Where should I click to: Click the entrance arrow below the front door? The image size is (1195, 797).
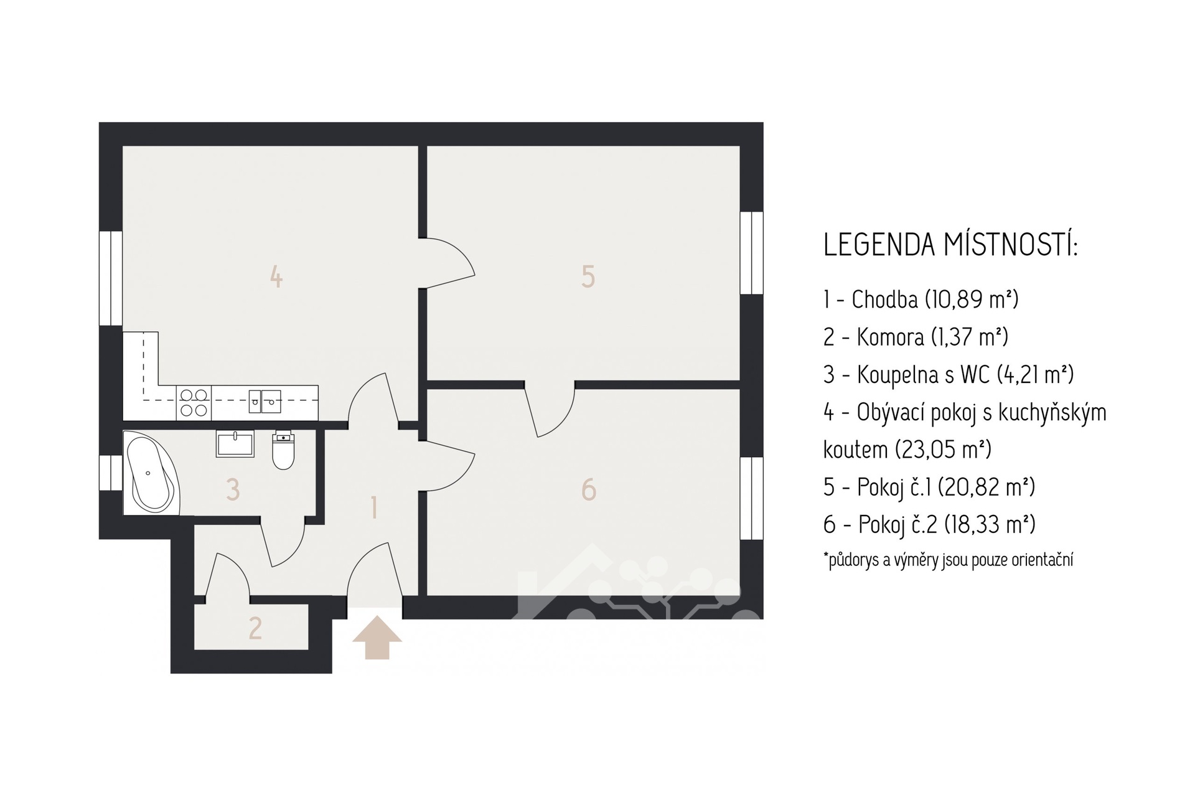pyautogui.click(x=377, y=638)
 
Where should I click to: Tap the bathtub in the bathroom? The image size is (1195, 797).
pyautogui.click(x=151, y=473)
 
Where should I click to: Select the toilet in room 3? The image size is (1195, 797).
pyautogui.click(x=283, y=450)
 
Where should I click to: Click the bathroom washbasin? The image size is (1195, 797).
pyautogui.click(x=235, y=443)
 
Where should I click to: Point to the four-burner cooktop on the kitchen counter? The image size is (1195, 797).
pyautogui.click(x=194, y=402)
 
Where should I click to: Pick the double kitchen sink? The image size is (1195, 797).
pyautogui.click(x=265, y=402)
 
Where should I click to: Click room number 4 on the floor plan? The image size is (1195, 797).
pyautogui.click(x=276, y=276)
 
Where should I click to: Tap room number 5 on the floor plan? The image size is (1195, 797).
pyautogui.click(x=588, y=276)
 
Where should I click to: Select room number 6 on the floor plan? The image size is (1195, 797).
pyautogui.click(x=588, y=489)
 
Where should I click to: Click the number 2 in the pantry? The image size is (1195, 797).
pyautogui.click(x=255, y=628)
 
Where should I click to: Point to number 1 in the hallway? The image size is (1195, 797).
pyautogui.click(x=373, y=507)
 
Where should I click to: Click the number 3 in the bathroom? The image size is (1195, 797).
pyautogui.click(x=233, y=489)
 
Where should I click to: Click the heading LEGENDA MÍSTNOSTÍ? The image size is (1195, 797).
pyautogui.click(x=950, y=244)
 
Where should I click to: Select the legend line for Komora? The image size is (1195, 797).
pyautogui.click(x=916, y=337)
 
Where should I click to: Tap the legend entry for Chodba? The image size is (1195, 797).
pyautogui.click(x=921, y=299)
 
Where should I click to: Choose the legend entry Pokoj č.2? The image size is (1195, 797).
pyautogui.click(x=929, y=524)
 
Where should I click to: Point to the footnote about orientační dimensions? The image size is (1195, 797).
pyautogui.click(x=948, y=560)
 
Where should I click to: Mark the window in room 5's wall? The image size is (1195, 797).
pyautogui.click(x=752, y=253)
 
